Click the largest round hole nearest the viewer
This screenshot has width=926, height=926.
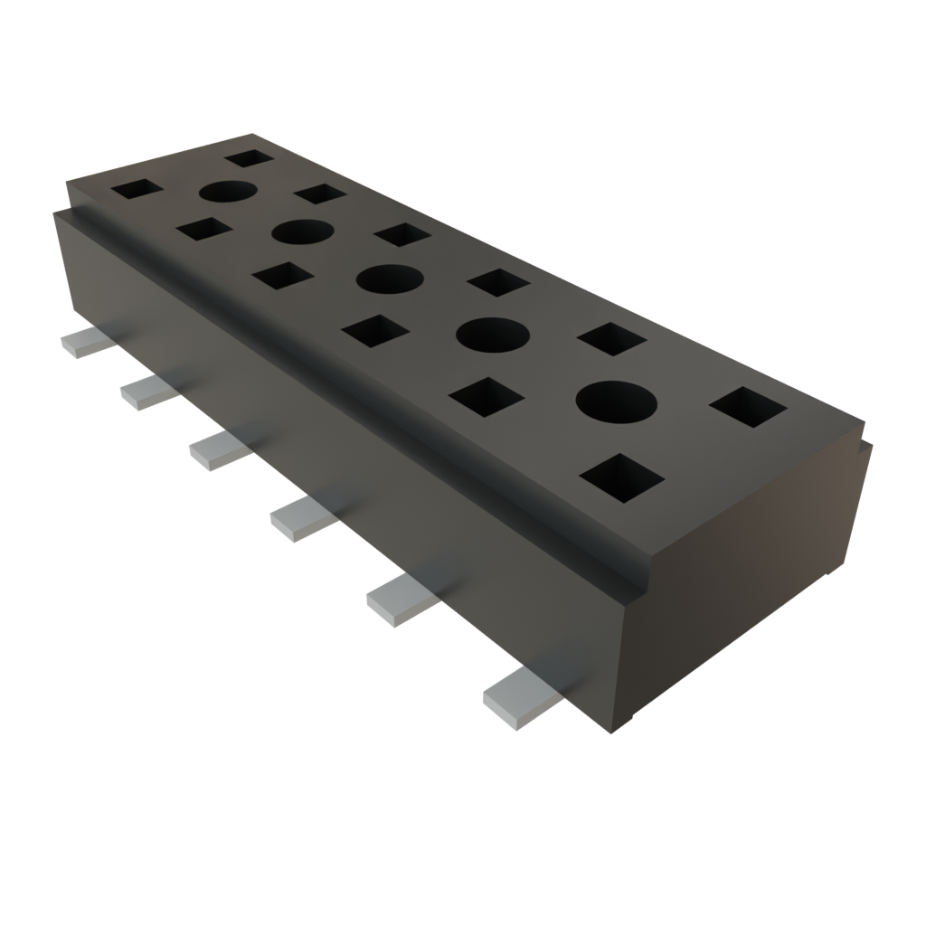pyautogui.click(x=615, y=401)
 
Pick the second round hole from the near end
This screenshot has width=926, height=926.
pyautogui.click(x=493, y=335)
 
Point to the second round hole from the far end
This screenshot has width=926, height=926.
pyautogui.click(x=304, y=231)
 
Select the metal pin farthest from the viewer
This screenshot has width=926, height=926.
pyautogui.click(x=81, y=344)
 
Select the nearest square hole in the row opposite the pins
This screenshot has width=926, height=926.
pyautogui.click(x=748, y=407)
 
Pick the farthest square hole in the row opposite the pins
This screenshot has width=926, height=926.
pyautogui.click(x=250, y=158)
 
